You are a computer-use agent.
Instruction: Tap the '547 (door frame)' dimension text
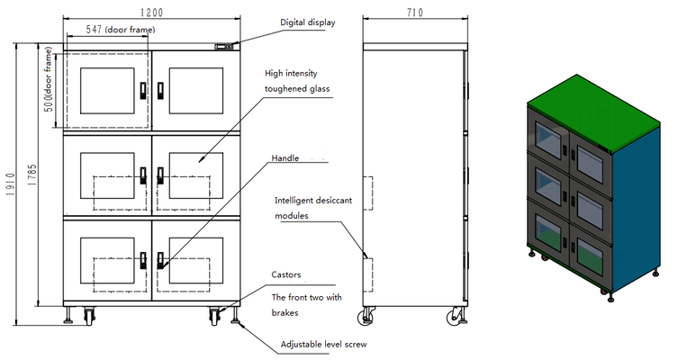(121, 30)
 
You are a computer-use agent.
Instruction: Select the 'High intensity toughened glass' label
(298, 81)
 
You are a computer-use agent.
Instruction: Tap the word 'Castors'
(286, 274)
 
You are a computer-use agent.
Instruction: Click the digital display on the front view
(224, 47)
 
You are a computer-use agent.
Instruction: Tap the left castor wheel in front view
(91, 315)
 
